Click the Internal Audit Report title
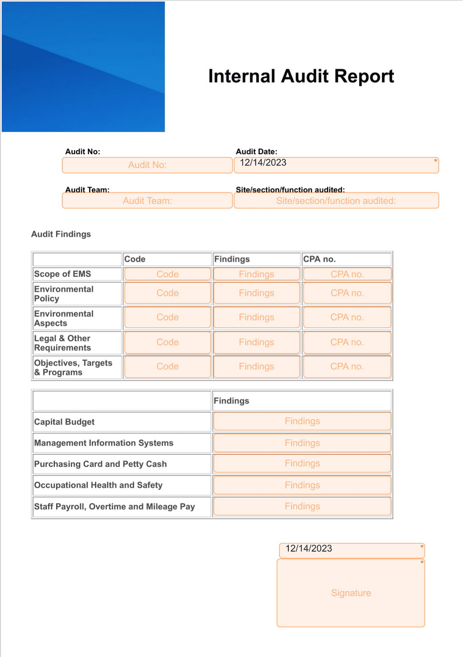click(301, 76)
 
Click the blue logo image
click(83, 67)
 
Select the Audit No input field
click(147, 165)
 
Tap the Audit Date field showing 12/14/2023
click(336, 165)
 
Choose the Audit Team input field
click(147, 200)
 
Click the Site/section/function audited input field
click(336, 200)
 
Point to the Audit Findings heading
click(61, 234)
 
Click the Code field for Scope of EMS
click(168, 274)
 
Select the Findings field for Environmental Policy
click(256, 293)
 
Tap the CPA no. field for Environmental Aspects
click(347, 317)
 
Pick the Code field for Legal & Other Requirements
click(168, 342)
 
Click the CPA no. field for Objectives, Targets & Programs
click(347, 367)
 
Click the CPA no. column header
click(320, 259)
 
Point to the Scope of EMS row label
click(63, 274)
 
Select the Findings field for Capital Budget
click(302, 421)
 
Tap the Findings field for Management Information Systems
click(302, 443)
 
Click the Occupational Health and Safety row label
click(98, 485)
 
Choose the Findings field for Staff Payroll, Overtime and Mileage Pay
click(302, 506)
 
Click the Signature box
click(351, 593)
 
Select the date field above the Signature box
click(352, 550)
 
